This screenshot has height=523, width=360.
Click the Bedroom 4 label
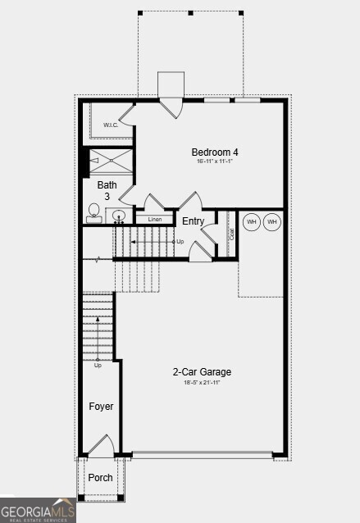tap(215, 152)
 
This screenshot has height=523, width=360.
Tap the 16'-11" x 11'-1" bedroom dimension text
tap(215, 161)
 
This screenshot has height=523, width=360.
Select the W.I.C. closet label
tap(111, 125)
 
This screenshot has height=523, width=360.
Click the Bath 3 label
tap(107, 190)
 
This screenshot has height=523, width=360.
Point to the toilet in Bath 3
tap(94, 214)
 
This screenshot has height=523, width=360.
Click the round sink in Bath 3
tap(119, 216)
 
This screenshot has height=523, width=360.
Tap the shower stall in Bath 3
tap(111, 161)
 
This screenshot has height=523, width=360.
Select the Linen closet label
tap(155, 220)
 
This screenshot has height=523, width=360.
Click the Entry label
tap(194, 221)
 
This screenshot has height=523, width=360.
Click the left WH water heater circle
tap(252, 222)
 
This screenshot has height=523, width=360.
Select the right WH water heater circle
tap(272, 222)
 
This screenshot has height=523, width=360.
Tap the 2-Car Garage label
tap(196, 372)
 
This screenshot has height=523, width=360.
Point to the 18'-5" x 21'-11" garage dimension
tap(196, 382)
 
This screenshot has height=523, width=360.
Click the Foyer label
tap(101, 407)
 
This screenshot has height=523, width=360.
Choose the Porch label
tap(101, 478)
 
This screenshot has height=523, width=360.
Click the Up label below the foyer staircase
tap(98, 365)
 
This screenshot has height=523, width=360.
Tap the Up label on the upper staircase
tap(180, 242)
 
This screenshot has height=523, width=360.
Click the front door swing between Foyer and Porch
tap(101, 447)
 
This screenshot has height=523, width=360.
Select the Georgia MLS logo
tap(38, 510)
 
